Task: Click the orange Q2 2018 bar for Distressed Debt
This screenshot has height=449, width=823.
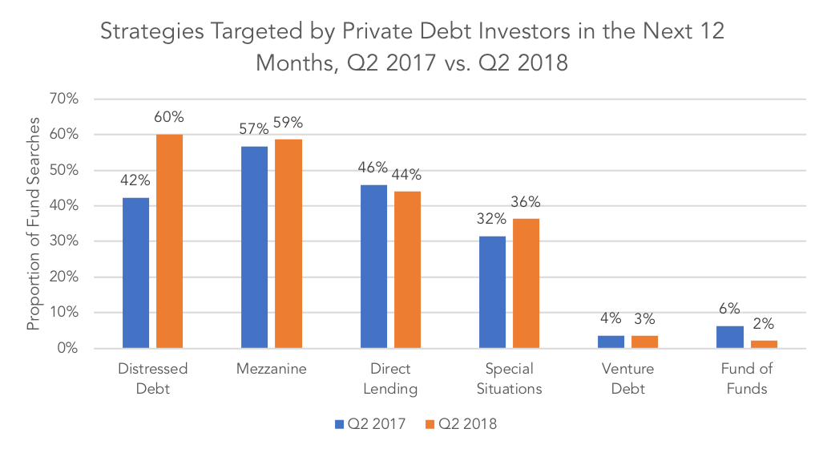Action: (x=170, y=241)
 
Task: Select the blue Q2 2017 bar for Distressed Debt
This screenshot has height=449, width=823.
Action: (x=136, y=273)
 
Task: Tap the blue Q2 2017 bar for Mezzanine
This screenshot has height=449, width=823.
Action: (x=255, y=247)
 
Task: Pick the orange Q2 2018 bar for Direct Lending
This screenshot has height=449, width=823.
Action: (x=407, y=270)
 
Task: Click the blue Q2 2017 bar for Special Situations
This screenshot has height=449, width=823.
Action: (x=492, y=292)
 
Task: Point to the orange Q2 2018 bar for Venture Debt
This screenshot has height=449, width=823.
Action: (x=644, y=342)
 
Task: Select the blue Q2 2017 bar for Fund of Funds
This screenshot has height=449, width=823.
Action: (x=730, y=337)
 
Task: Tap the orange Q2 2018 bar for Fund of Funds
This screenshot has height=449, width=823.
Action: (x=764, y=345)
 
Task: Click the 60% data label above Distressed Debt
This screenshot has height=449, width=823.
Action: (x=169, y=117)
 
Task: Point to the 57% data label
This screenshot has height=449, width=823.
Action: (x=254, y=128)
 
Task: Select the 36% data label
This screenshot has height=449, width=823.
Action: (x=526, y=202)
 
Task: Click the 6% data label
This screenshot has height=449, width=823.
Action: (x=729, y=308)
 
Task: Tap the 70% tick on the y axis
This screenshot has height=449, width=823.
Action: (x=64, y=99)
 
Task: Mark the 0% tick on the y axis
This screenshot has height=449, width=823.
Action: (x=67, y=348)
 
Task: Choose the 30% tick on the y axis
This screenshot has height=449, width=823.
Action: (x=64, y=241)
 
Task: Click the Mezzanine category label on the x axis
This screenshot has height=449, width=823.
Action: (x=272, y=369)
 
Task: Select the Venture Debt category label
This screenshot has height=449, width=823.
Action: (x=627, y=378)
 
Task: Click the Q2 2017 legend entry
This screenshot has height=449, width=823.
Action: (x=370, y=424)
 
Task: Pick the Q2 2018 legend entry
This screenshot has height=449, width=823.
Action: (x=461, y=424)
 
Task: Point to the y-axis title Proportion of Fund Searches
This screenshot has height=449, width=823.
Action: (x=34, y=224)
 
